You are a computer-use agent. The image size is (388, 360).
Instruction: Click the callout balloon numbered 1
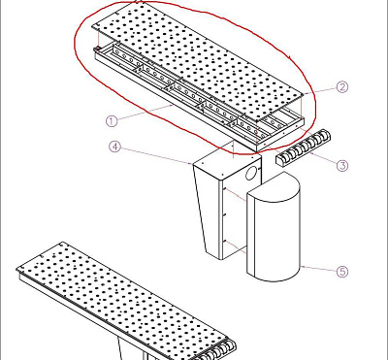click(112, 121)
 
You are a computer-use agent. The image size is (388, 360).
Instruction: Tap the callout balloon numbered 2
click(342, 87)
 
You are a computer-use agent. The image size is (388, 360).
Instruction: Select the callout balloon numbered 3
click(342, 166)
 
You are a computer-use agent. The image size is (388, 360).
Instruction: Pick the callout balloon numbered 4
click(114, 147)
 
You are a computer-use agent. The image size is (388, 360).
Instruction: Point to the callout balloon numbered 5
click(342, 272)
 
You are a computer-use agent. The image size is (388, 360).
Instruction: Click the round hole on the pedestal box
click(251, 174)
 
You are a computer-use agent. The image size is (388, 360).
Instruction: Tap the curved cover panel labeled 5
click(274, 227)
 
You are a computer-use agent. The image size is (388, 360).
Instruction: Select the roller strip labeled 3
click(302, 147)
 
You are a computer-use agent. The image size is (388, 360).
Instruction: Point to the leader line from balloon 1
click(145, 113)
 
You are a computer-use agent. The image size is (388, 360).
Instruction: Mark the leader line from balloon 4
click(156, 155)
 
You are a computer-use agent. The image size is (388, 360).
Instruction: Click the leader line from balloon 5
click(318, 269)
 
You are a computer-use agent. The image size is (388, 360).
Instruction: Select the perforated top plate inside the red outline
click(198, 57)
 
